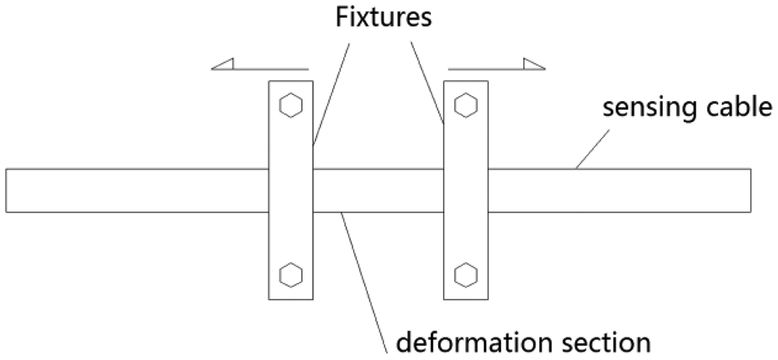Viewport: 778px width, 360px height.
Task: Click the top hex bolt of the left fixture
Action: [290, 105]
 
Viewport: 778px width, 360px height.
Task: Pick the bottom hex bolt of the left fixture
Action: [290, 274]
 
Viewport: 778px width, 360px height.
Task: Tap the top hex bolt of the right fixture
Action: [465, 105]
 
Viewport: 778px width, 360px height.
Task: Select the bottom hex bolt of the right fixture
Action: [465, 274]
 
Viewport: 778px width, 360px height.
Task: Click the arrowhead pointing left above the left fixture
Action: [223, 65]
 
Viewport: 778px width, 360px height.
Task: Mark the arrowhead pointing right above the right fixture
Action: [534, 65]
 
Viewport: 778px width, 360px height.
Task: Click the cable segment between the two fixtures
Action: [378, 190]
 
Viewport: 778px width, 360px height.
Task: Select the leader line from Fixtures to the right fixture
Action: [429, 78]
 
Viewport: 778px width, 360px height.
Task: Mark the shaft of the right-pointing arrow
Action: [486, 69]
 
